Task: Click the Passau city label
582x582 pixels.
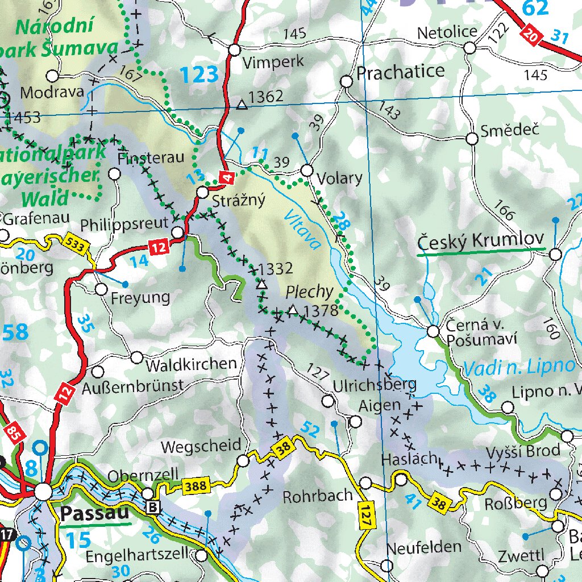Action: click(x=94, y=514)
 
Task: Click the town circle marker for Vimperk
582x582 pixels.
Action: click(x=234, y=50)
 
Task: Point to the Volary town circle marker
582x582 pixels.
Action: click(x=307, y=170)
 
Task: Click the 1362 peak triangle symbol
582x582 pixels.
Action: click(x=242, y=104)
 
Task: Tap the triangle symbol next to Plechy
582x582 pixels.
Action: click(x=293, y=310)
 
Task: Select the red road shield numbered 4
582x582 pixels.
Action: click(x=227, y=178)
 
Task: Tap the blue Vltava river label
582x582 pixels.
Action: click(x=302, y=231)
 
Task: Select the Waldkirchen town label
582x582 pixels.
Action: click(x=190, y=364)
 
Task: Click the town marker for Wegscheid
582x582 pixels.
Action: click(x=243, y=461)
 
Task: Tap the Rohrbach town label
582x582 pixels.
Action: click(x=318, y=496)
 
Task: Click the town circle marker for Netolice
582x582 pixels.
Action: click(x=469, y=48)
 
